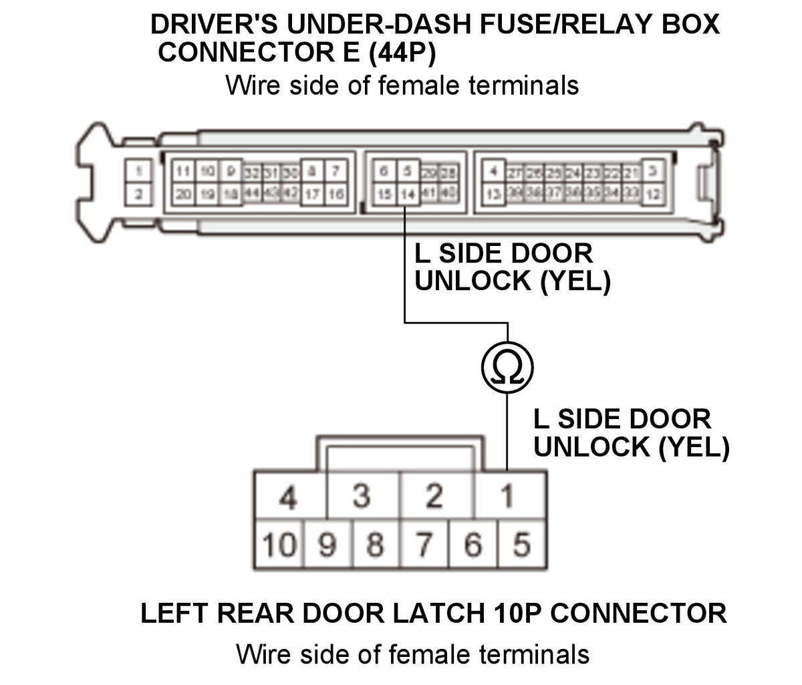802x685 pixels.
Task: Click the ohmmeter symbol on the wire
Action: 507,367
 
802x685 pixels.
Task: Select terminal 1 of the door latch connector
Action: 507,496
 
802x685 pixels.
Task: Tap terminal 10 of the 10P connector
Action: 279,545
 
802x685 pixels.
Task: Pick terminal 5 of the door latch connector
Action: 521,545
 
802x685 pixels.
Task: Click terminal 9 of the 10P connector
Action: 327,545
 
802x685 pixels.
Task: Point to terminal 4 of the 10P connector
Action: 288,496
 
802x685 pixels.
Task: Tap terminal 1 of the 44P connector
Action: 138,172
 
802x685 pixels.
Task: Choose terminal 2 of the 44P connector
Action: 138,194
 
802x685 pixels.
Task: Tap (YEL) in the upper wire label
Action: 575,281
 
